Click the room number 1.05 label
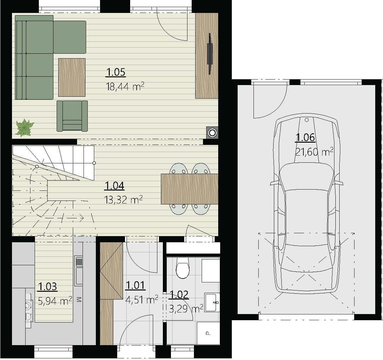point(116,72)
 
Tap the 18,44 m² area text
point(125,87)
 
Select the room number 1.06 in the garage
point(305,137)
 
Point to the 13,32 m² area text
point(123,200)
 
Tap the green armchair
point(72,116)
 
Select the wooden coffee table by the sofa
point(72,77)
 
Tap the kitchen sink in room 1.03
point(79,271)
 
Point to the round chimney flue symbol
point(212,132)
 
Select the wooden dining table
point(189,189)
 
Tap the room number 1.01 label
point(135,285)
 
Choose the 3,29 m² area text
point(186,308)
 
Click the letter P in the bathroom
point(208,333)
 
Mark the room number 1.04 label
point(114,186)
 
